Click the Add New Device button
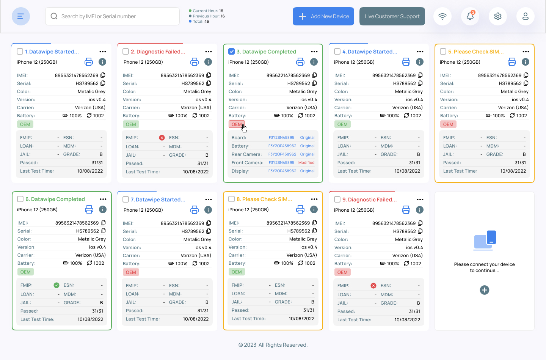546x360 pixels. coord(323,16)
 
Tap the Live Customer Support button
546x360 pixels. coord(392,16)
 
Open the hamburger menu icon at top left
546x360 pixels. coord(21,16)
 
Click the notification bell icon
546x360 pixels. coord(470,16)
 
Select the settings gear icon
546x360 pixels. coord(498,16)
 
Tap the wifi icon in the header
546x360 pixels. coord(442,16)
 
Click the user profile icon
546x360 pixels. coord(526,16)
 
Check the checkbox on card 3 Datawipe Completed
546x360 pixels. coord(232,51)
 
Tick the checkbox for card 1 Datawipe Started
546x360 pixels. coord(20,51)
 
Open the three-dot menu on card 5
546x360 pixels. coord(526,52)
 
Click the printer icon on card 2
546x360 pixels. coord(195,62)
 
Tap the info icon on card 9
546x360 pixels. coord(420,210)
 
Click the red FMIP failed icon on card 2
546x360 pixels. coord(162,138)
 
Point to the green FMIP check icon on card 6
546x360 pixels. coord(56,285)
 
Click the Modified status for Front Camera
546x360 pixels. coord(306,163)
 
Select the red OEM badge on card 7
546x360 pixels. coord(131,272)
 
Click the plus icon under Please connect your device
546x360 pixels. coord(485,290)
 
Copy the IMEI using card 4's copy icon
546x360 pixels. coord(420,75)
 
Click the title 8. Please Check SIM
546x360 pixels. coord(264,199)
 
